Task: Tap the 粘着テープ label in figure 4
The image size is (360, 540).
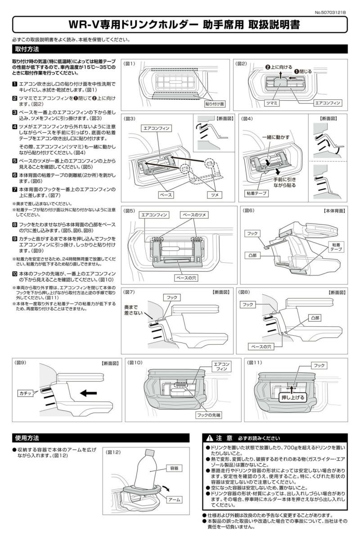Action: point(255,193)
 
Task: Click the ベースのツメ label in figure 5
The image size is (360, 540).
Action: point(193,215)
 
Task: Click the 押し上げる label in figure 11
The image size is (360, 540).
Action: point(293,397)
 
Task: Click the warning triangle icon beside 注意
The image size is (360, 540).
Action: point(210,438)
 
